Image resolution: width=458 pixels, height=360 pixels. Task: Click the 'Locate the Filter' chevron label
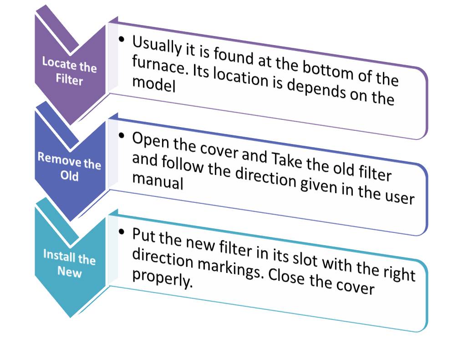tap(70, 71)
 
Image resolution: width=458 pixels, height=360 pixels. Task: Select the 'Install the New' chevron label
tap(69, 263)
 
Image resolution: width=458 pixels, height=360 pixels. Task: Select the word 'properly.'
tap(162, 280)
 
